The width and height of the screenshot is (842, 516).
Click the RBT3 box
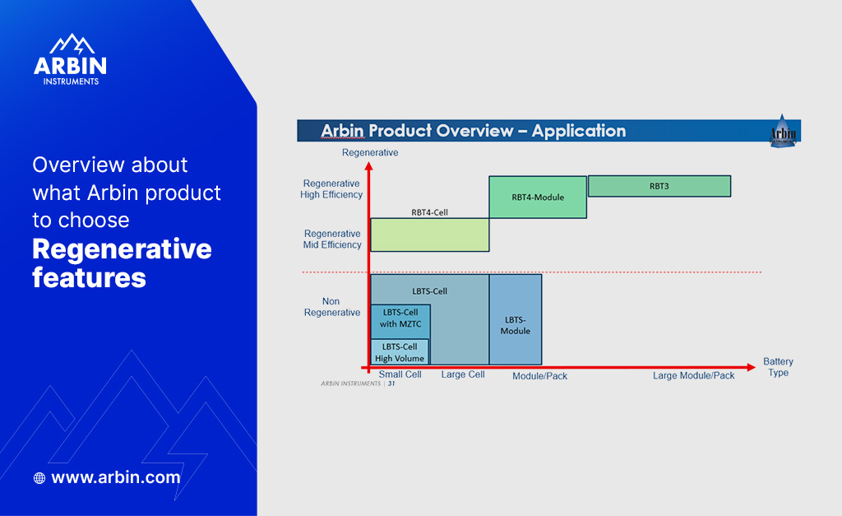click(x=659, y=186)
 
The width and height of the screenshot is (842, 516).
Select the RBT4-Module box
click(x=538, y=198)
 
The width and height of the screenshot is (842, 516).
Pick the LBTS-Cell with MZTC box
click(x=400, y=318)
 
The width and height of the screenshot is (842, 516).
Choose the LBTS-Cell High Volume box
click(x=400, y=352)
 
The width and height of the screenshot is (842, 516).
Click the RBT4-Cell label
click(x=429, y=212)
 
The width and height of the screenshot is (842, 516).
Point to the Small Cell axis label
click(x=400, y=374)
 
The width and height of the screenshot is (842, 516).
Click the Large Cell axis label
click(x=463, y=374)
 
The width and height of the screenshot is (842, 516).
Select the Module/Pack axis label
click(x=539, y=376)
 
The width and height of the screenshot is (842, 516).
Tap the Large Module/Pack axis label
click(x=694, y=375)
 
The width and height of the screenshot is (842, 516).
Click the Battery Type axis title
click(x=778, y=367)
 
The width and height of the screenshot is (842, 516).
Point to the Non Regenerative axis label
click(x=331, y=307)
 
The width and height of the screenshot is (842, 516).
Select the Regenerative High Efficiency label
click(x=331, y=189)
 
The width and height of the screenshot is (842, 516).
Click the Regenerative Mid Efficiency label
click(x=332, y=239)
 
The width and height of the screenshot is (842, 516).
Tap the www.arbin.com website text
click(x=115, y=477)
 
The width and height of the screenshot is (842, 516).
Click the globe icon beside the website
click(x=39, y=478)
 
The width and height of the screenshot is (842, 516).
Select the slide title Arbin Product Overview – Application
click(x=473, y=131)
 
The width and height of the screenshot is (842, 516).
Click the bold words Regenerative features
click(x=122, y=263)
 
